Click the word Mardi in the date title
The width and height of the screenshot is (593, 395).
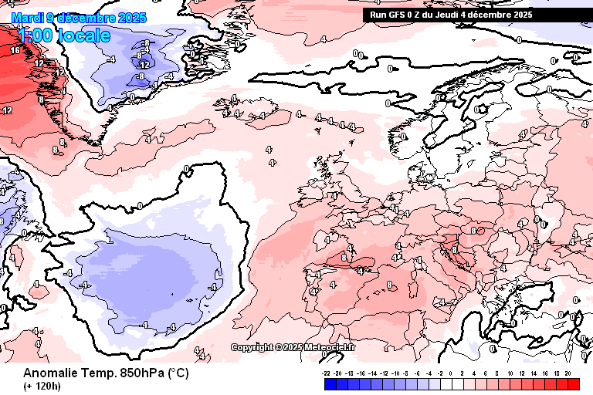[x=27, y=18]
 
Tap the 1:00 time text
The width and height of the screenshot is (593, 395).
[x=34, y=35]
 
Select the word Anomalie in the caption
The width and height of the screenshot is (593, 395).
[x=49, y=373]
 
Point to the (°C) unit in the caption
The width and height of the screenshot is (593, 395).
[x=178, y=373]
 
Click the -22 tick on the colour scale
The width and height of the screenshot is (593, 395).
[x=327, y=373]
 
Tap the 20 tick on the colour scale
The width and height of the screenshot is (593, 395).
[x=568, y=373]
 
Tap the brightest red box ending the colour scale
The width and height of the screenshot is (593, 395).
[x=573, y=383]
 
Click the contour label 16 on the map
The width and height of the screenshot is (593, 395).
[x=15, y=50]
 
